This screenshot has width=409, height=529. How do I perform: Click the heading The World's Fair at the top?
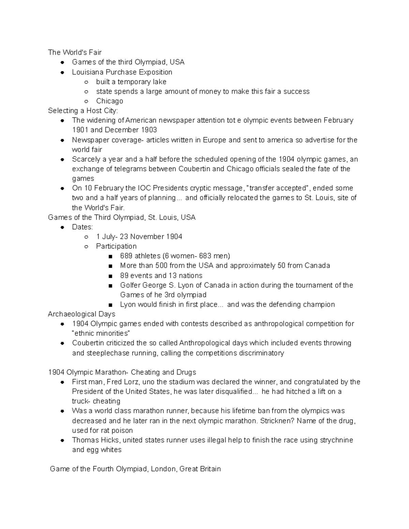tap(75, 52)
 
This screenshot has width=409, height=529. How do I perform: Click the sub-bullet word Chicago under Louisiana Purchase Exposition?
tap(109, 101)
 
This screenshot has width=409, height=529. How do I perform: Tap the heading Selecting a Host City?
tap(83, 111)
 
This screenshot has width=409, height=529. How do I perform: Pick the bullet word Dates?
tap(82, 227)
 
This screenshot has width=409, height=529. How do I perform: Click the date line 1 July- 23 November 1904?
tap(139, 237)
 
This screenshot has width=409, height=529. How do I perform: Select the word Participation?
tap(116, 246)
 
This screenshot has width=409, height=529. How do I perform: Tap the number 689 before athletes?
tap(126, 256)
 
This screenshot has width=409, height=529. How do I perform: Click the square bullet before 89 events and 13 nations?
tap(110, 276)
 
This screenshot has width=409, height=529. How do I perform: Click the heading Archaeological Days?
tap(81, 314)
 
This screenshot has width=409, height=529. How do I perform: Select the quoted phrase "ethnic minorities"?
tap(101, 333)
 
